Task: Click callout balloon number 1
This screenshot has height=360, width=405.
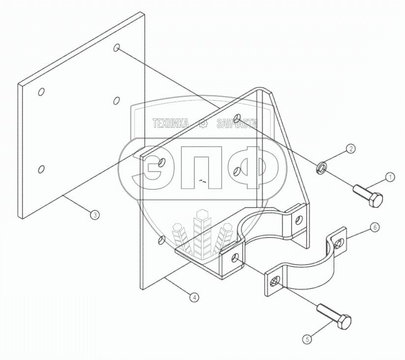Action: pos(389,177)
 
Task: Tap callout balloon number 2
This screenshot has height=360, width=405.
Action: pos(350,148)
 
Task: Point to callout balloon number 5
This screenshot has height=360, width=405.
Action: pos(307,338)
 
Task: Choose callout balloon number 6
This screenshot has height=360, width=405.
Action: pos(375,227)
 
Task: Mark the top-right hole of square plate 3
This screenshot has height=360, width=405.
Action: pos(117,48)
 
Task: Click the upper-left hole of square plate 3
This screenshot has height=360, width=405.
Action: pos(41,92)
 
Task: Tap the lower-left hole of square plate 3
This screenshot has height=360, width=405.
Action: pos(41,169)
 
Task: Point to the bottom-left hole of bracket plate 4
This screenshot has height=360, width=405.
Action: pos(161,240)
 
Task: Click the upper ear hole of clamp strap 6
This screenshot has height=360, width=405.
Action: pos(339,242)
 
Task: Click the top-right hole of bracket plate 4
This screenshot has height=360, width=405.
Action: pos(237,118)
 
